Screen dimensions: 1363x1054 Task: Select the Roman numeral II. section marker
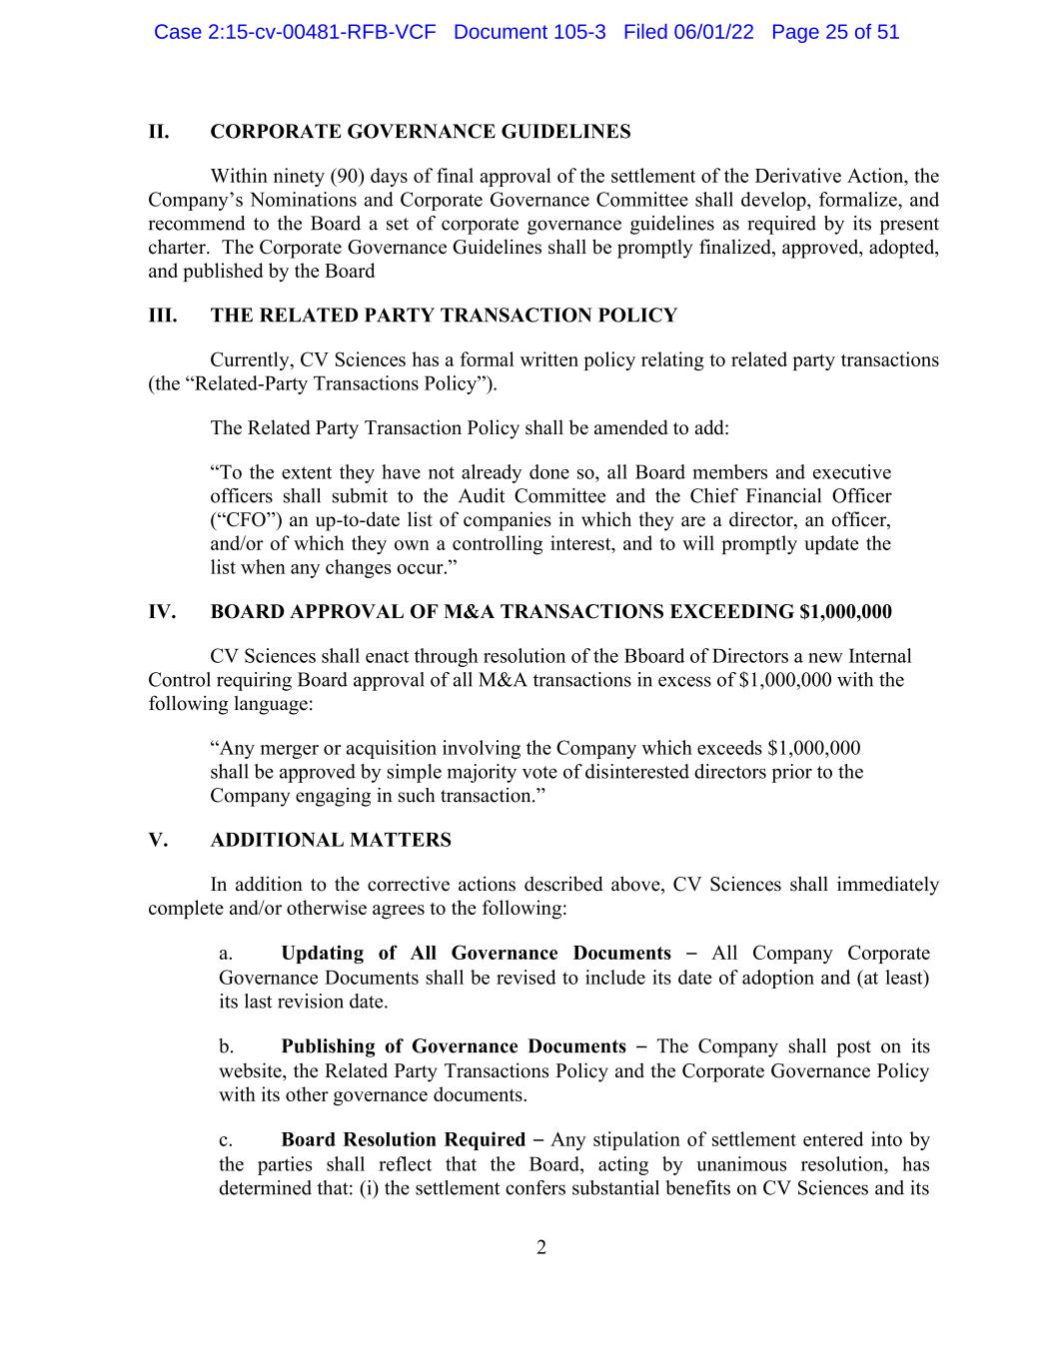[159, 132]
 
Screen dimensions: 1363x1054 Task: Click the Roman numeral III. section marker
[162, 316]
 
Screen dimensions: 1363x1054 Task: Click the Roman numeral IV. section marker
[162, 612]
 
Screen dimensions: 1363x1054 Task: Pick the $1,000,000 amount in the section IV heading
[845, 612]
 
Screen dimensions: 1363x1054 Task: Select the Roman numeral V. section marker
[158, 841]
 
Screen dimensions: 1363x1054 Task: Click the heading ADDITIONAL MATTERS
[331, 841]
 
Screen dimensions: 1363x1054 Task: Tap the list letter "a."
[226, 954]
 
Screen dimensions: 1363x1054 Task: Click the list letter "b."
[227, 1046]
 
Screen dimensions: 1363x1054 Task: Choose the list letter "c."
[226, 1140]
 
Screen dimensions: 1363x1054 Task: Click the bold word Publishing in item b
[327, 1046]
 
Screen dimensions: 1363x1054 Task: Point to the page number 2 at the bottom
[541, 1247]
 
